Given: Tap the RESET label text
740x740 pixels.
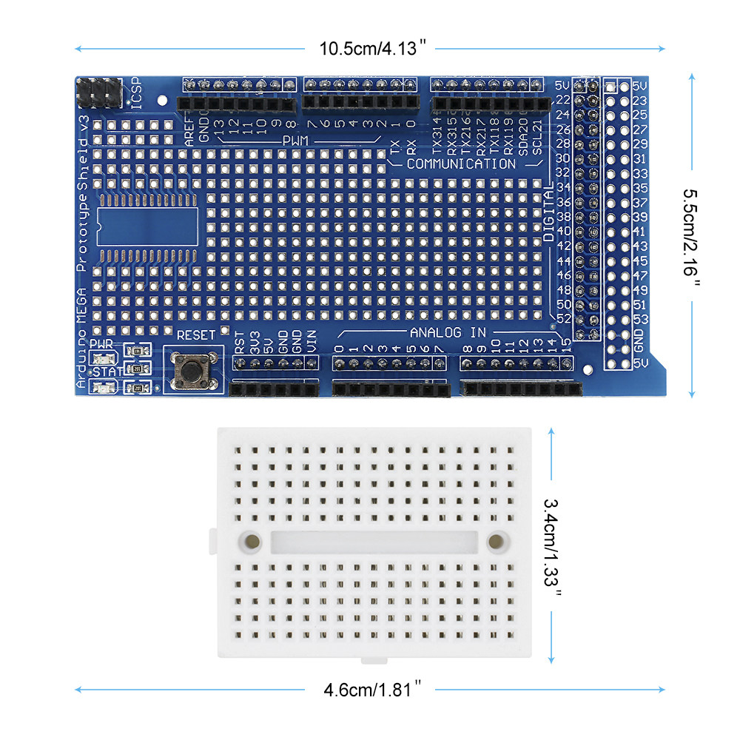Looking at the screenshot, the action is click(x=196, y=335).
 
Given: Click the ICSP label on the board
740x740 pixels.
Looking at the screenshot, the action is click(x=136, y=93).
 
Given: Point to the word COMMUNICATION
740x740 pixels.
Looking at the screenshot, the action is click(x=460, y=164).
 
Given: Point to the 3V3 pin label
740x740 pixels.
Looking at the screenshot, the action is click(x=253, y=343).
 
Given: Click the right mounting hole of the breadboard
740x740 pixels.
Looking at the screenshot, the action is click(x=494, y=541).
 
